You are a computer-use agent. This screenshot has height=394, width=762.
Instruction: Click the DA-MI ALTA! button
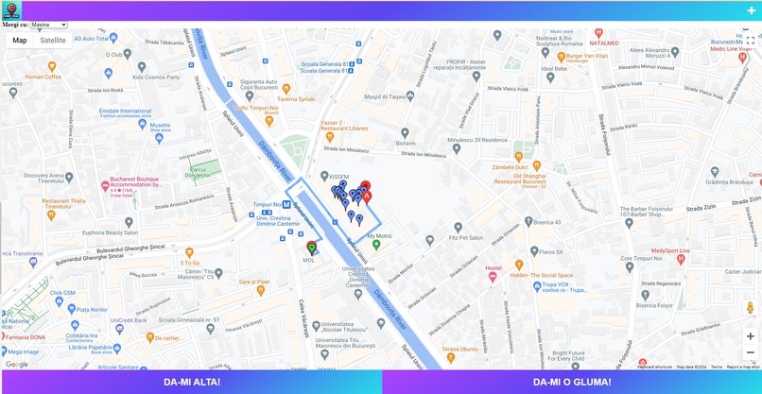tap(191, 382)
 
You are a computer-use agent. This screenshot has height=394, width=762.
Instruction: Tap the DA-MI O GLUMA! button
tap(572, 382)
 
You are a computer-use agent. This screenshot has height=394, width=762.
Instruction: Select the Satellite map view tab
tap(53, 41)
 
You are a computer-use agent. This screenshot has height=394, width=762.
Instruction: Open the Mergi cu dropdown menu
tap(48, 25)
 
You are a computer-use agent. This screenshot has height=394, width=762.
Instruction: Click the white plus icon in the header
tap(752, 10)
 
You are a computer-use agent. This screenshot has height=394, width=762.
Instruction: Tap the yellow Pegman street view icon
tap(751, 309)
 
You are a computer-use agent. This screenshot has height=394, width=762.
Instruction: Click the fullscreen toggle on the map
tap(750, 42)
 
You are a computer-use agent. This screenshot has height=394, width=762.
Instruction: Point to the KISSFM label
tap(338, 177)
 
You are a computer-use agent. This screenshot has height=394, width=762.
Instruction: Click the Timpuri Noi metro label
tap(270, 204)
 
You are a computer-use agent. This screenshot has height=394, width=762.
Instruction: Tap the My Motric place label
tap(379, 236)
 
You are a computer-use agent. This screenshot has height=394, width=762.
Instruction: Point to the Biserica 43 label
tap(545, 223)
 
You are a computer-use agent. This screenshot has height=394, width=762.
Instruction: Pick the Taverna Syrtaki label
tap(296, 99)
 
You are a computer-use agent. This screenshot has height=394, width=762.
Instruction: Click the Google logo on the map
tap(17, 364)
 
